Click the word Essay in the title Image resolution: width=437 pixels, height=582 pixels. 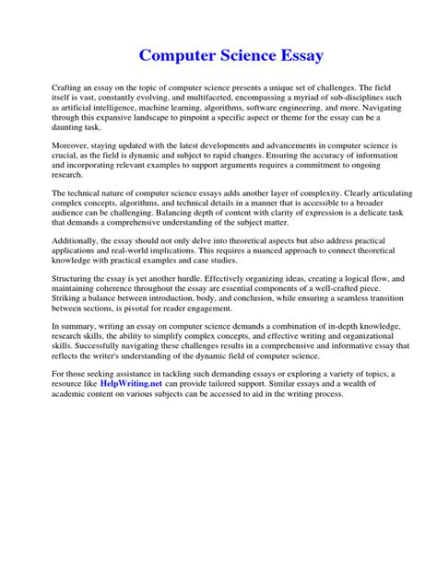(295, 56)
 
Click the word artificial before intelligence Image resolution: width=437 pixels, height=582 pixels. (76, 107)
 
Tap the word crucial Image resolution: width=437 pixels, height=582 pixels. (65, 157)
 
